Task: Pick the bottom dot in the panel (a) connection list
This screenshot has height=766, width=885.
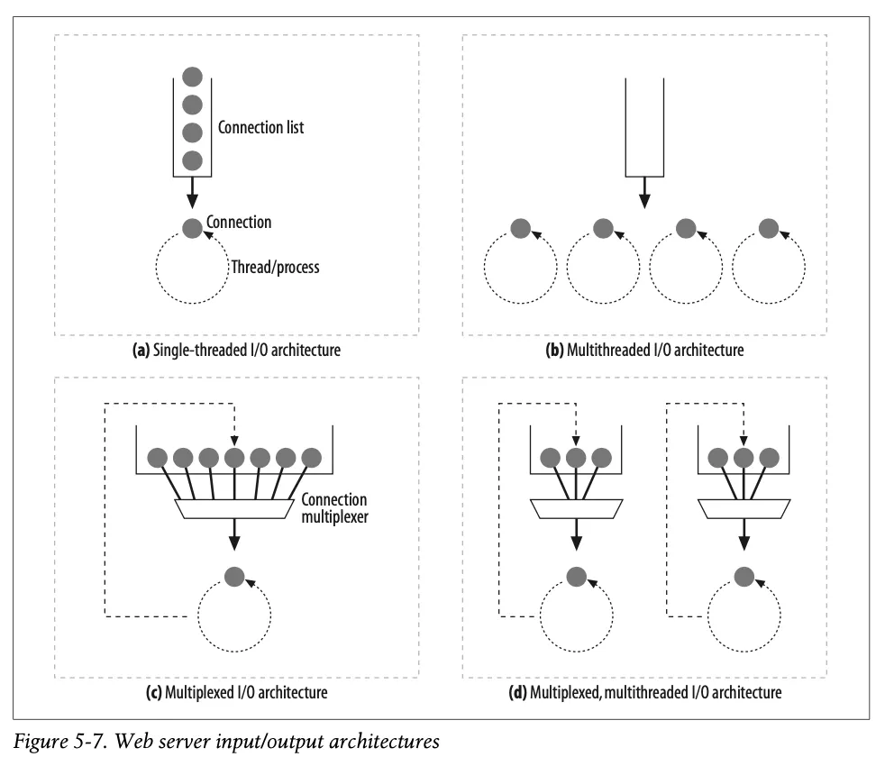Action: click(191, 160)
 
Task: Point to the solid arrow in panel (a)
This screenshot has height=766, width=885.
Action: click(191, 192)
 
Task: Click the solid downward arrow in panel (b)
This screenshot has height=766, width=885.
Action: click(643, 191)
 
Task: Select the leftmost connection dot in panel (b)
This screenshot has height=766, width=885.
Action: click(520, 229)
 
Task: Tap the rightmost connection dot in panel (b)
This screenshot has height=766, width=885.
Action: click(769, 229)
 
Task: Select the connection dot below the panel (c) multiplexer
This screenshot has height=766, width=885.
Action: click(234, 575)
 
